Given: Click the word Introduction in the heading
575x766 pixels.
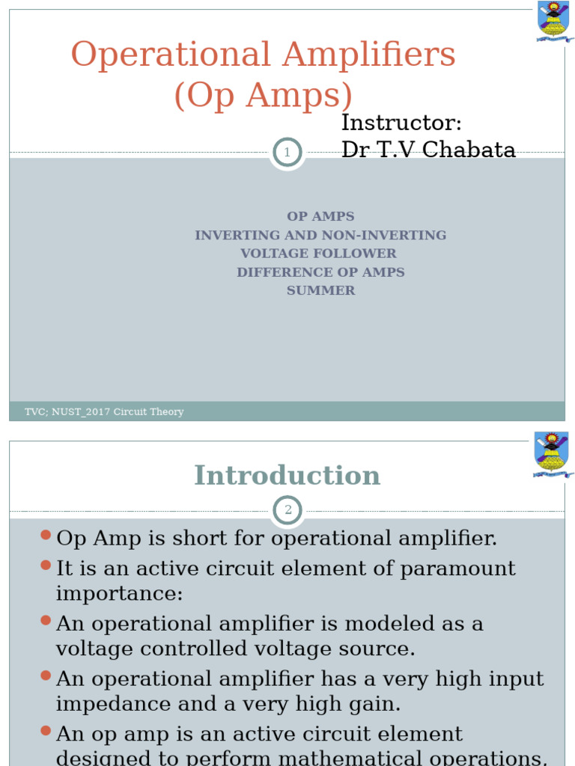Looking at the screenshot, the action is coord(287,475).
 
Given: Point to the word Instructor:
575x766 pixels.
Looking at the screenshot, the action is coord(401,122).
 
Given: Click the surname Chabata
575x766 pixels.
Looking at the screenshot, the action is coord(469,150).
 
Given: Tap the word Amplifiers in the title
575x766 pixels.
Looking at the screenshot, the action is coord(368,54).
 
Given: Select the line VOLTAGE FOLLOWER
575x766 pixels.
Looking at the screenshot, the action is coord(318,254).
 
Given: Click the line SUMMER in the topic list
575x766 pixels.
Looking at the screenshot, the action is coord(320,291).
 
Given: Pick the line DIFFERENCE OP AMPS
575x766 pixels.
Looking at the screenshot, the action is coord(320,272).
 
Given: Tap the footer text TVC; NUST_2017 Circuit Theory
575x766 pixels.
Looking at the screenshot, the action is coord(104,412).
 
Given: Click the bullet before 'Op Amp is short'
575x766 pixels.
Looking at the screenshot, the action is coord(46,535).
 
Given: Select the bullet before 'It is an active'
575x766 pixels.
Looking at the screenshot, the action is coord(46,566).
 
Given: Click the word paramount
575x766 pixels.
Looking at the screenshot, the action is coord(457,569).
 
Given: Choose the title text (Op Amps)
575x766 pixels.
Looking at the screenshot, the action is coord(263,95).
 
